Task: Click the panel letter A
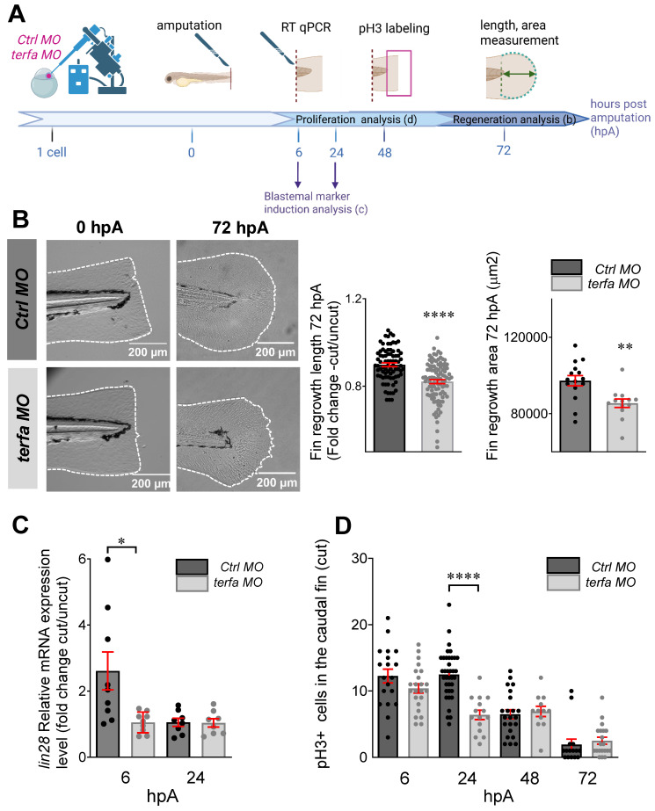click(x=17, y=13)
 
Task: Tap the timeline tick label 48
click(x=384, y=153)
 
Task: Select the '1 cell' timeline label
click(x=52, y=152)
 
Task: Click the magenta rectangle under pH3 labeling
click(x=399, y=73)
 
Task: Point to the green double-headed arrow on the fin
click(x=519, y=74)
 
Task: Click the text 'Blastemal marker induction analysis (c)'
click(x=316, y=203)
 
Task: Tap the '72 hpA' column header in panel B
click(x=240, y=228)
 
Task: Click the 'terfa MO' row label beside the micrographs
click(x=23, y=428)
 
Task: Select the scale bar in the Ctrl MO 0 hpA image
click(x=148, y=343)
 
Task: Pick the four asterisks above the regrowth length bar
click(x=439, y=315)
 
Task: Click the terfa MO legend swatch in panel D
click(x=563, y=583)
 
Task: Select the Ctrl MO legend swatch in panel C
click(x=192, y=567)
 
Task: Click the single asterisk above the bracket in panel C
click(x=121, y=541)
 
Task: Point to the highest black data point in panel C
click(x=107, y=559)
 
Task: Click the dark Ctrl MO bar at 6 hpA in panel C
click(x=107, y=713)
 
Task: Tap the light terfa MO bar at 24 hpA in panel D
click(x=480, y=736)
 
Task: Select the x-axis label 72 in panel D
click(x=587, y=778)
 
